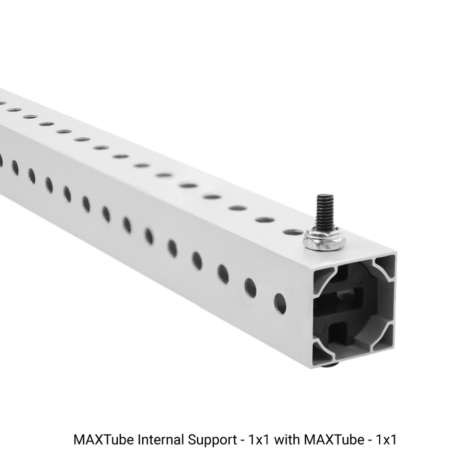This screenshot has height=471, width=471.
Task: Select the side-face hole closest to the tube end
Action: coord(280,304)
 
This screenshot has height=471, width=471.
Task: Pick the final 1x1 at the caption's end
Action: coord(386,440)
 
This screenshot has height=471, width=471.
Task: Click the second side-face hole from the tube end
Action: coord(250,288)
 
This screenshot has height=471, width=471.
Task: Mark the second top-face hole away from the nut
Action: coord(264,219)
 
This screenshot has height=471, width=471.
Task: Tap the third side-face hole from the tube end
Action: coord(223,274)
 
